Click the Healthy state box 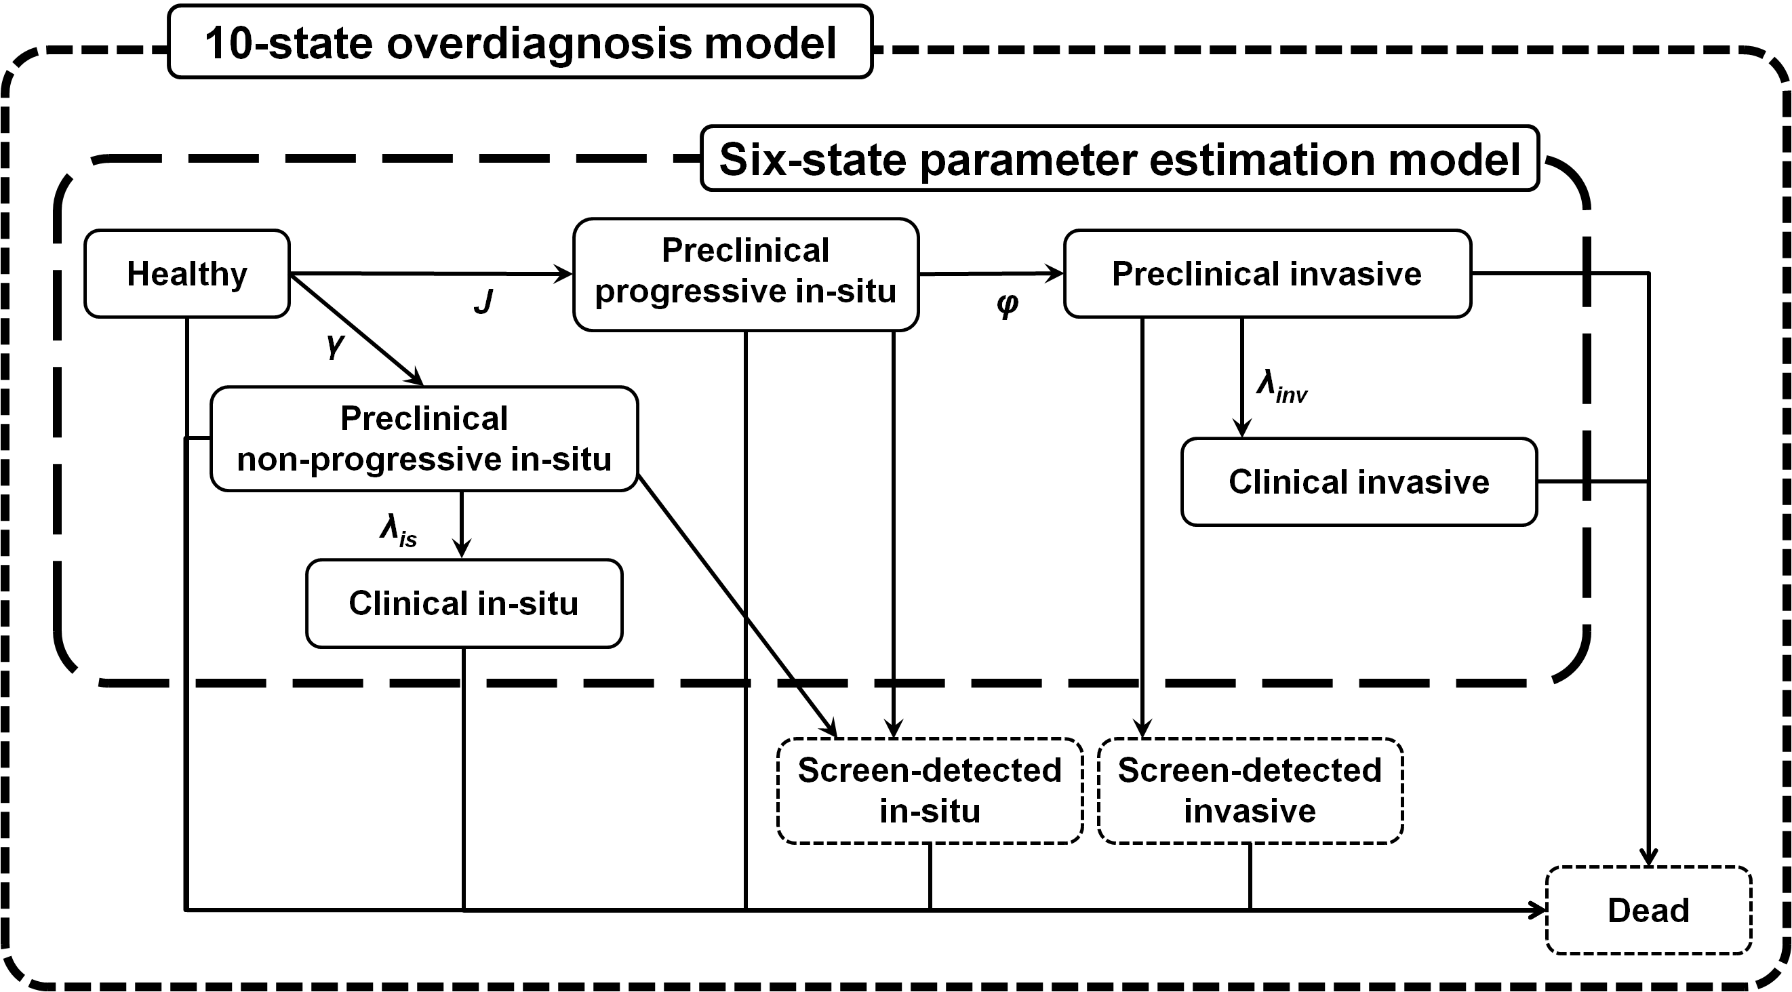coord(186,273)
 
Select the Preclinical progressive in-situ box coord(746,274)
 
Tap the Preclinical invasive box coord(1267,273)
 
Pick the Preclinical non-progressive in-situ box coord(424,439)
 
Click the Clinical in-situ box coord(464,603)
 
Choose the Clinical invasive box coord(1359,481)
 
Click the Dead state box coord(1648,910)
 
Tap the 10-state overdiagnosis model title coord(520,43)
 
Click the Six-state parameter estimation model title coord(1119,159)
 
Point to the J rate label coord(483,302)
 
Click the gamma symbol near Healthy coord(336,345)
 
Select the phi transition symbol coord(1008,304)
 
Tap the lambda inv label coord(1282,386)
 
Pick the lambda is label coord(399,532)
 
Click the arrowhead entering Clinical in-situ coord(461,549)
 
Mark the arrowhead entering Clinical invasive coord(1241,428)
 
